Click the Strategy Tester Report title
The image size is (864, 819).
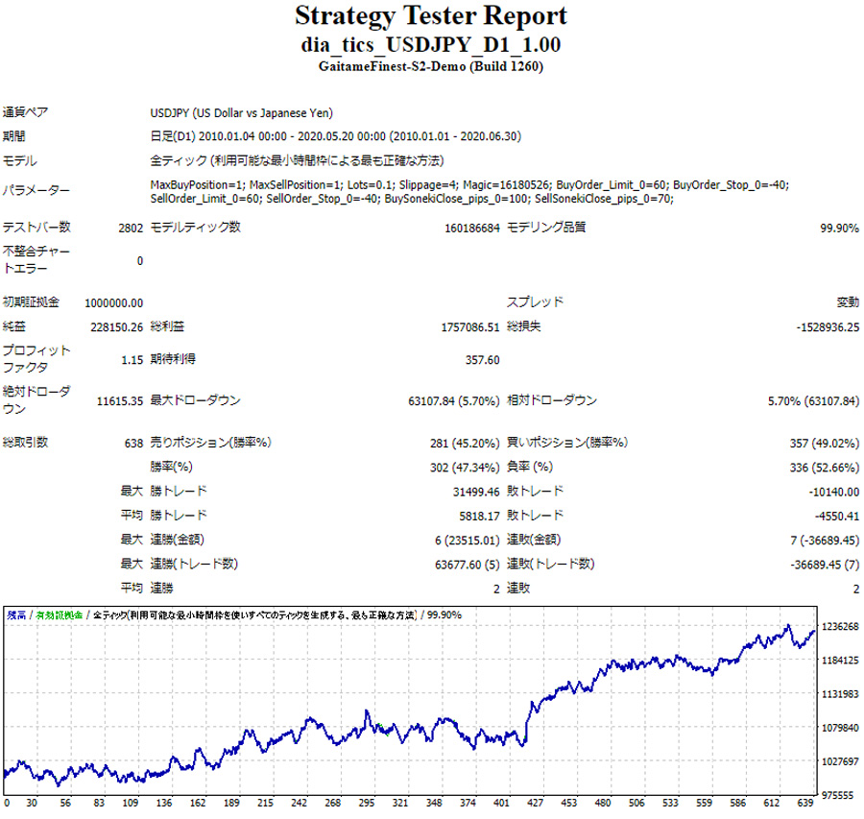point(431,16)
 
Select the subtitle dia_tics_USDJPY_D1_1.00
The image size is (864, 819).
point(431,44)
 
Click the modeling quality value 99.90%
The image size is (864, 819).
point(839,228)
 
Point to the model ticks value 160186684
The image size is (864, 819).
point(465,228)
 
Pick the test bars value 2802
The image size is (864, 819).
point(131,228)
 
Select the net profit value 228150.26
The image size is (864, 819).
point(116,326)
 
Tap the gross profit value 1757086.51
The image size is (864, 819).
point(465,326)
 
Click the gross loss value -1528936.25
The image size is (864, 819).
point(827,326)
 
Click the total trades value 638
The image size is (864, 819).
point(133,443)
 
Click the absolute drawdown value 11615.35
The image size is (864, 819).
point(116,400)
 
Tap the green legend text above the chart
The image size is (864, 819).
point(60,614)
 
